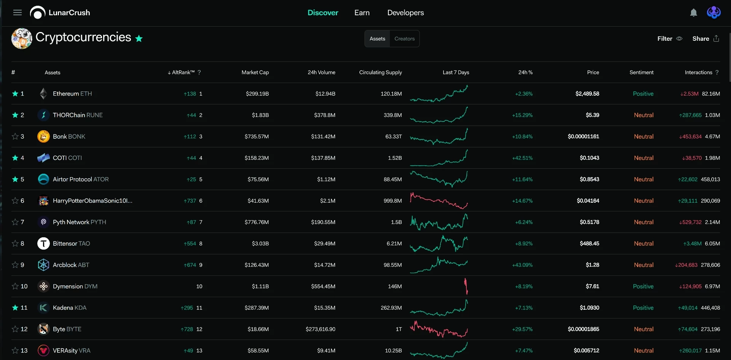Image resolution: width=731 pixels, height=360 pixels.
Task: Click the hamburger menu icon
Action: click(18, 13)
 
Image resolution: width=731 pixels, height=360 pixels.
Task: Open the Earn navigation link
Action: click(362, 13)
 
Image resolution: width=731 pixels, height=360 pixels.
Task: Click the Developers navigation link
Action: click(405, 13)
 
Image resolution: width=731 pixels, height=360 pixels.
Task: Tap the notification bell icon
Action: click(694, 13)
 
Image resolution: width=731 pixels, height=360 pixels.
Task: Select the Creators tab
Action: click(404, 38)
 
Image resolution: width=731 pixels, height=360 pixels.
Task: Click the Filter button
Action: click(670, 38)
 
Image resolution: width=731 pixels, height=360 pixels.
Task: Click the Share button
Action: click(705, 38)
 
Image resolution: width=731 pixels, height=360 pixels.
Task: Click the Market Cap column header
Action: click(255, 72)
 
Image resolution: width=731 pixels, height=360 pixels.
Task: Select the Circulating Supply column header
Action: click(380, 72)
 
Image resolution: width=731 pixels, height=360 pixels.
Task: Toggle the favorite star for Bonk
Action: click(15, 136)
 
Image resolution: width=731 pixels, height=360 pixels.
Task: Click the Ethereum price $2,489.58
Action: click(587, 94)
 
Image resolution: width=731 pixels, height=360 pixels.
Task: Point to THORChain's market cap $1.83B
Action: click(260, 115)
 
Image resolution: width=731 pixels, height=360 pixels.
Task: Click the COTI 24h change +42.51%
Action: click(522, 158)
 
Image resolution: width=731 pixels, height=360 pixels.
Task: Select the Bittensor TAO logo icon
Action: click(43, 243)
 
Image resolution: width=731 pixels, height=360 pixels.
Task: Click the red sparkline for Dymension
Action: click(466, 286)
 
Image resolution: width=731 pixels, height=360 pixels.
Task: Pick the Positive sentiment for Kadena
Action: click(643, 308)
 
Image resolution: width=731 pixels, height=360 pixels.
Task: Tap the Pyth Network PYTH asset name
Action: click(80, 222)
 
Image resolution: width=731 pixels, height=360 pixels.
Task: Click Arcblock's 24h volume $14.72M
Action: click(325, 265)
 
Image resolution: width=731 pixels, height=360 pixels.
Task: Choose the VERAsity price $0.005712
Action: click(586, 350)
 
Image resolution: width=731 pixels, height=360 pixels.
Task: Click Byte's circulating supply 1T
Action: click(399, 329)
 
